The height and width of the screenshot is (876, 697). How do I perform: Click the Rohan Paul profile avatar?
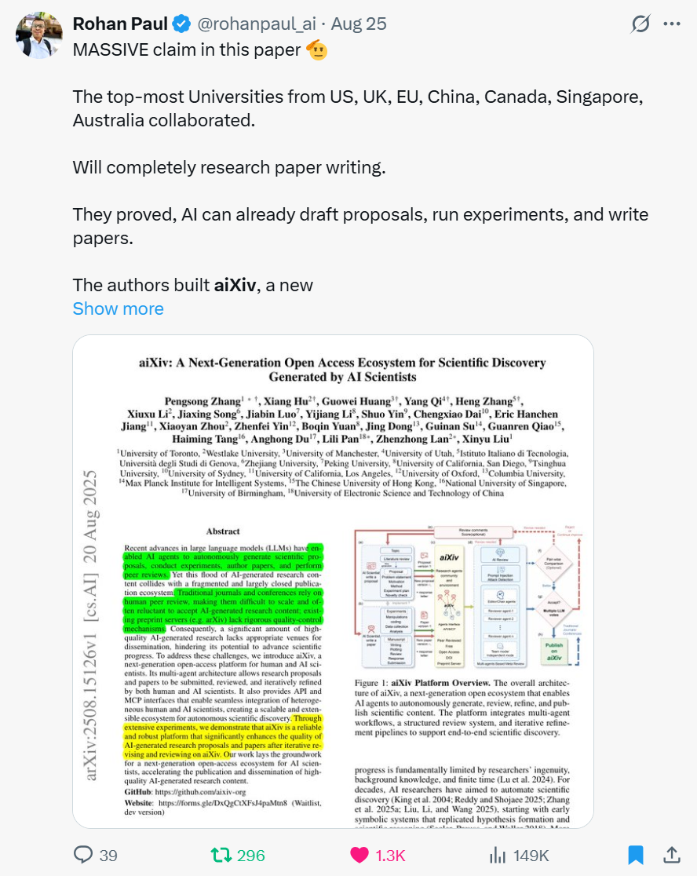(39, 35)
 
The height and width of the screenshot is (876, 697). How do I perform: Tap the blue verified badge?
(181, 24)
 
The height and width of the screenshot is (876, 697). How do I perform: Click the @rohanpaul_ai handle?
(256, 24)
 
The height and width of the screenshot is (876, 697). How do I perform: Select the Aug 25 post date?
(359, 24)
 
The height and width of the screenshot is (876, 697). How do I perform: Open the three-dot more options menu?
(672, 24)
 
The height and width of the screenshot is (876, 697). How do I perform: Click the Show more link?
(118, 308)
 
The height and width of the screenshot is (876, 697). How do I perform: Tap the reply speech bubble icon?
(83, 855)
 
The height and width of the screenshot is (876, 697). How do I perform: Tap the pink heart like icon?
(359, 855)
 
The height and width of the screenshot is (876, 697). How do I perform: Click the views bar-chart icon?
(498, 855)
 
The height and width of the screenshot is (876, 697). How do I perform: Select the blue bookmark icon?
(635, 855)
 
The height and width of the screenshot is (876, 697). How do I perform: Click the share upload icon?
(672, 855)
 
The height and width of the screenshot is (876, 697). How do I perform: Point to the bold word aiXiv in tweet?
(235, 285)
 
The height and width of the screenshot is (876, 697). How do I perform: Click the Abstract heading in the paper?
(222, 531)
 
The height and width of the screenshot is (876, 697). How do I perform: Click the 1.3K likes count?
(391, 855)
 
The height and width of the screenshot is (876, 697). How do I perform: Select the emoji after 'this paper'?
(316, 49)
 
